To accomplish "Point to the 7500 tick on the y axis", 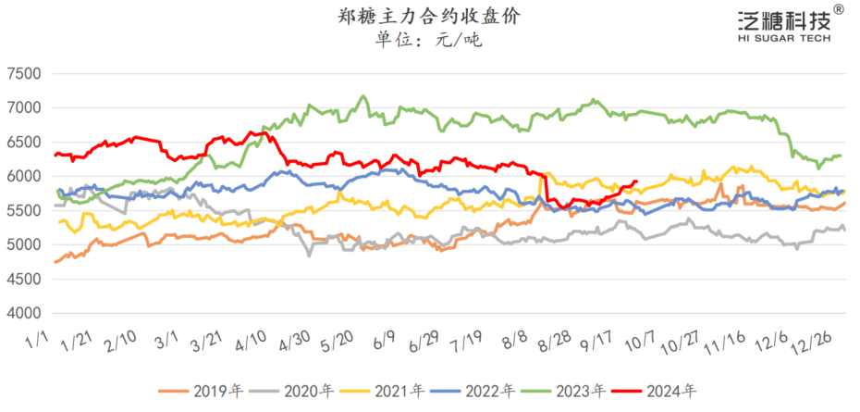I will (24, 74).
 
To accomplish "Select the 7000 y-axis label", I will (24, 108).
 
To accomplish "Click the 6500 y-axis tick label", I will (24, 143).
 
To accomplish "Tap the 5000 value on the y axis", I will (24, 244).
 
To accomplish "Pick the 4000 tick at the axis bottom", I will (24, 313).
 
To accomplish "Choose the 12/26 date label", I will (811, 343).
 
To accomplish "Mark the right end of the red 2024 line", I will (636, 181).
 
